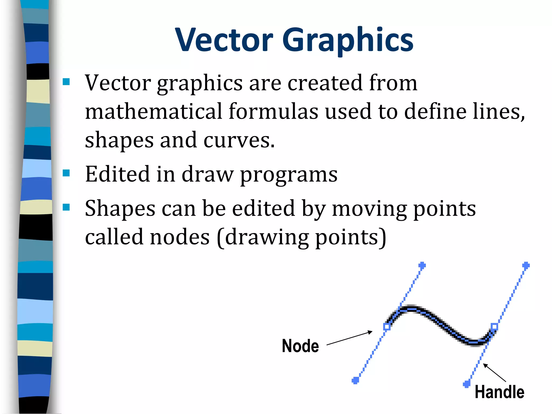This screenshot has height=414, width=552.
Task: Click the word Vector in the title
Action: point(224,40)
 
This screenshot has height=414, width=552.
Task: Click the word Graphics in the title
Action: point(348,40)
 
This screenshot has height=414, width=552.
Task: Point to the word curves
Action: point(239,140)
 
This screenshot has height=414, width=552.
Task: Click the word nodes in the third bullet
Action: point(180,237)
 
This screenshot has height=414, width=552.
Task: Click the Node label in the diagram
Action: point(300,346)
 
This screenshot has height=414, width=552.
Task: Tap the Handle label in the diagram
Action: point(499,392)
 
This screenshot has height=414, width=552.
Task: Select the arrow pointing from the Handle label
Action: point(494,372)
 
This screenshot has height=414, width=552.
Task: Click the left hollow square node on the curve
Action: point(387,327)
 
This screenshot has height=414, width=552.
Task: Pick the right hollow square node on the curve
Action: point(494,327)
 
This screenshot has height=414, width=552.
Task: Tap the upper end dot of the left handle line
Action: point(422,265)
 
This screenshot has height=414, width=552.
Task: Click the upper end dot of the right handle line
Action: point(526,265)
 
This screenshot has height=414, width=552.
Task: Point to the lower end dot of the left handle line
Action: point(356,380)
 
